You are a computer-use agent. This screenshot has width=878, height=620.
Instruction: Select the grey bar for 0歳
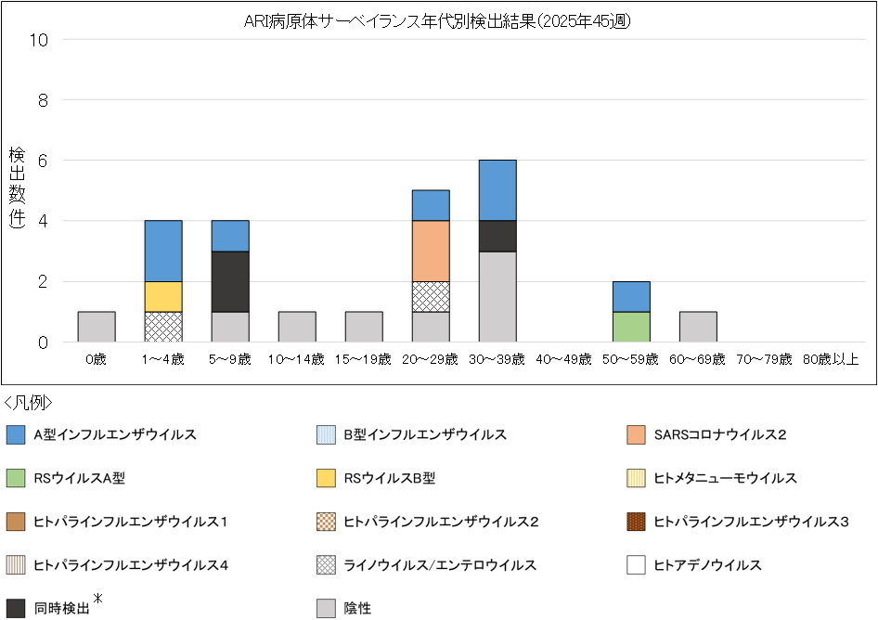point(97,327)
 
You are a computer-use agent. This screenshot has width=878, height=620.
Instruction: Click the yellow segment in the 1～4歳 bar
point(163,297)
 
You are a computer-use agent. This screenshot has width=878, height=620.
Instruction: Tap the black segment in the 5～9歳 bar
point(230,281)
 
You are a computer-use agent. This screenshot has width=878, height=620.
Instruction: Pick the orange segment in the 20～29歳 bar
point(431,251)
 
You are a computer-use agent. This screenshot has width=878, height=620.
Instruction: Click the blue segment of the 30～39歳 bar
point(497,190)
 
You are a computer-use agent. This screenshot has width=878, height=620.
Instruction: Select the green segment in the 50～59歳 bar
point(631,327)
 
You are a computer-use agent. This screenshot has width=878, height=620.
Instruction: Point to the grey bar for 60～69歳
point(698,327)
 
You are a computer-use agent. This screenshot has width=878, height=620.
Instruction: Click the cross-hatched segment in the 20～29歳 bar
point(431,297)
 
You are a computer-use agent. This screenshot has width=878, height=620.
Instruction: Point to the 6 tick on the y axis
point(43,161)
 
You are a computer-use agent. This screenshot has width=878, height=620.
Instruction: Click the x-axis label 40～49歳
point(564,359)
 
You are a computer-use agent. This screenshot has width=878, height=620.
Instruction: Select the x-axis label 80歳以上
point(831,359)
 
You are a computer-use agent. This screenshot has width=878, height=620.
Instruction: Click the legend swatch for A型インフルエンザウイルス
point(16,434)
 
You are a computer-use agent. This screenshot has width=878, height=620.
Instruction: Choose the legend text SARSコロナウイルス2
point(720,434)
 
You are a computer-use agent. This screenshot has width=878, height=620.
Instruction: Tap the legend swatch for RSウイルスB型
point(326,478)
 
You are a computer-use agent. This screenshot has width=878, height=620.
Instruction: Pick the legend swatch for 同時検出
point(16,609)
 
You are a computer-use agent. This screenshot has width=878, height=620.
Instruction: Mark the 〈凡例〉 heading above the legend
point(29,403)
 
